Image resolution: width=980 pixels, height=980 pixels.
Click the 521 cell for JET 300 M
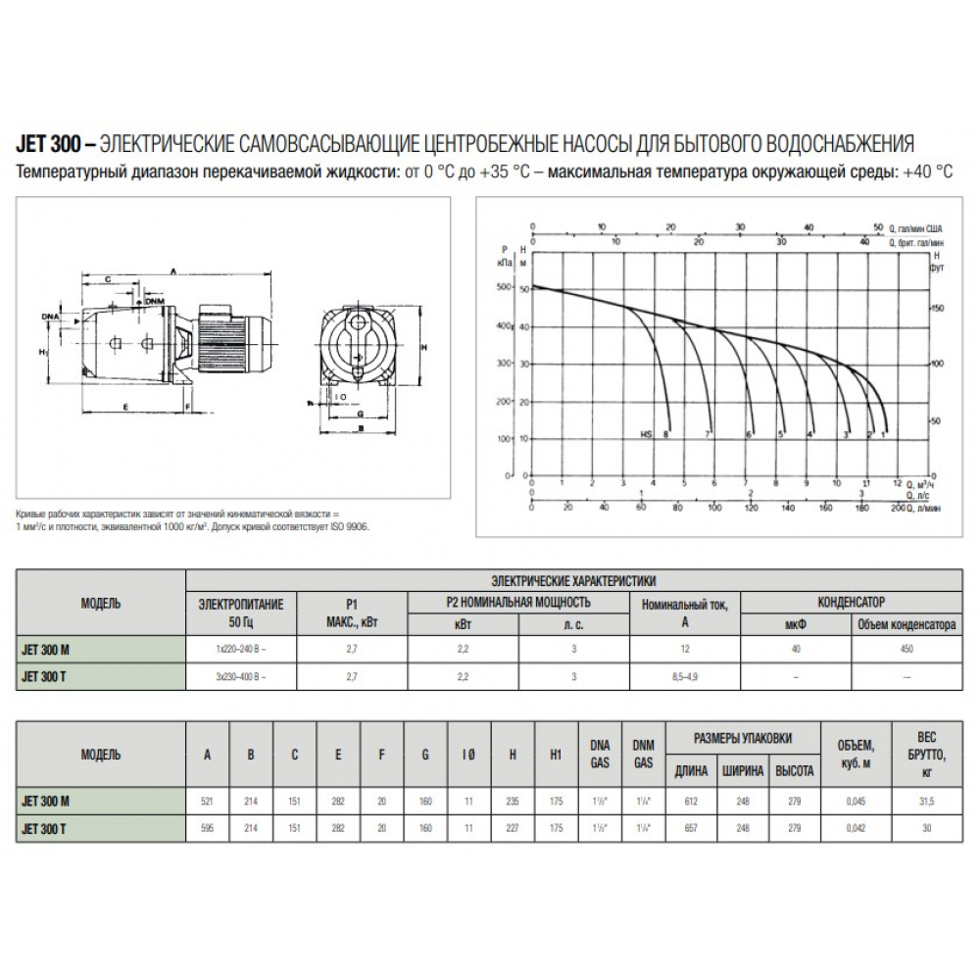point(207,801)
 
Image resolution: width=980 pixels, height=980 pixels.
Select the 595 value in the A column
point(207,828)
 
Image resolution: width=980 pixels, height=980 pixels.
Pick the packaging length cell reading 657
point(691,828)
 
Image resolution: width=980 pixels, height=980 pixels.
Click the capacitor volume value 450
point(907,650)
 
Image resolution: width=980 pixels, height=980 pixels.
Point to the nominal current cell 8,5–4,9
point(685,676)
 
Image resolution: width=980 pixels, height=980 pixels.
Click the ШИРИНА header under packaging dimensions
point(743,770)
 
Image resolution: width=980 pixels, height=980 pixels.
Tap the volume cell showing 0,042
point(856,828)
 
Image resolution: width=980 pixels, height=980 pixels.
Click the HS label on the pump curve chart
point(646,433)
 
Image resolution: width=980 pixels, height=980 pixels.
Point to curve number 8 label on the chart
point(666,433)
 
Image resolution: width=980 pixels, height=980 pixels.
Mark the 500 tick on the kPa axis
point(505,288)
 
